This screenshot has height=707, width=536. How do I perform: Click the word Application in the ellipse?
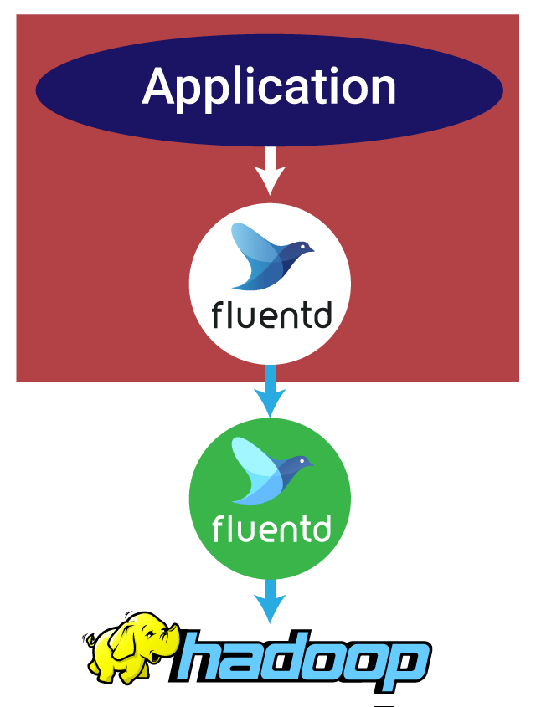(x=269, y=89)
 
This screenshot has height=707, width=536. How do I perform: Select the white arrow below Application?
(x=270, y=171)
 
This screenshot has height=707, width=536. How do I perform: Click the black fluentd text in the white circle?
(x=271, y=315)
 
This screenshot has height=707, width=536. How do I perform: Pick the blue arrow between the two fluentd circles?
(x=270, y=391)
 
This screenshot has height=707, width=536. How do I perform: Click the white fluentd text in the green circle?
(x=271, y=529)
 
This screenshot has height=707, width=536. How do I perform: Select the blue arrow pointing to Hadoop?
(x=270, y=601)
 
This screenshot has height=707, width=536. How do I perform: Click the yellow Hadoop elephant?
(x=131, y=647)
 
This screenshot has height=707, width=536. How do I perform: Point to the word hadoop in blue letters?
(x=300, y=659)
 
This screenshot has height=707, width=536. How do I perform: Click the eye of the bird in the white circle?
(x=302, y=246)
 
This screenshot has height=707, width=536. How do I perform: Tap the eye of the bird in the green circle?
(x=301, y=460)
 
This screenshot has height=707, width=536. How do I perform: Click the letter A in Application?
(x=160, y=85)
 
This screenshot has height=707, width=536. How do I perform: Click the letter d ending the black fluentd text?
(x=323, y=314)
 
